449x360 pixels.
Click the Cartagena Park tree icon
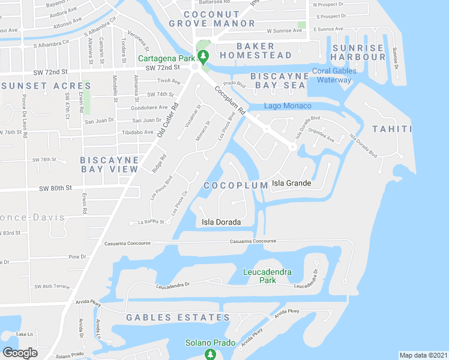pyautogui.click(x=203, y=58)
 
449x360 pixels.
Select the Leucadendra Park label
pyautogui.click(x=267, y=276)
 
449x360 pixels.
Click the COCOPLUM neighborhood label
pyautogui.click(x=235, y=185)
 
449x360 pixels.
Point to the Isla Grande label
pyautogui.click(x=292, y=183)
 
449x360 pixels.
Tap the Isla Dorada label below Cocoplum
pyautogui.click(x=221, y=222)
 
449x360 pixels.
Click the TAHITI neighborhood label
pyautogui.click(x=392, y=129)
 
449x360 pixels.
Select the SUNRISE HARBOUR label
pyautogui.click(x=358, y=52)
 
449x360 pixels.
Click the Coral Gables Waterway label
pyautogui.click(x=334, y=75)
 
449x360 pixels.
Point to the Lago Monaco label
pyautogui.click(x=286, y=106)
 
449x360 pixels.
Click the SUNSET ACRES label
pyautogui.click(x=38, y=86)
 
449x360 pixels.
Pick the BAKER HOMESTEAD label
pyautogui.click(x=255, y=50)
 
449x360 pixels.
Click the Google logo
pyautogui.click(x=20, y=353)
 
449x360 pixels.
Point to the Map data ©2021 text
pyautogui.click(x=423, y=355)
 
